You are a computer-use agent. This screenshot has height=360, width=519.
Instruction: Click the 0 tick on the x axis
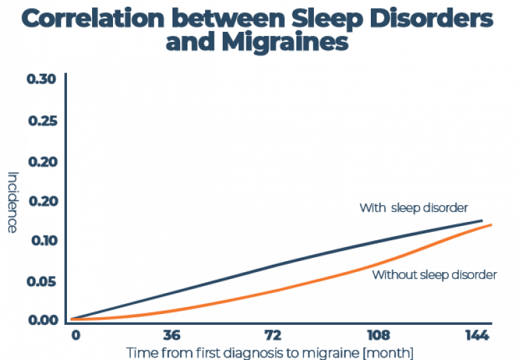point(75,336)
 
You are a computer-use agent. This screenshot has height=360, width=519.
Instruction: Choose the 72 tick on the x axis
point(272,336)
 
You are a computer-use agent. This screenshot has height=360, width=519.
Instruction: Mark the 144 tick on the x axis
point(478,336)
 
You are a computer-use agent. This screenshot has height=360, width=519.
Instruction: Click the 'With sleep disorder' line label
point(413,207)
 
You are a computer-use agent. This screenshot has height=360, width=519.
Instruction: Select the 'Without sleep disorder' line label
point(434,275)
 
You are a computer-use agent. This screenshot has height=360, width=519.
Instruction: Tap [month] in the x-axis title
point(386,353)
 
